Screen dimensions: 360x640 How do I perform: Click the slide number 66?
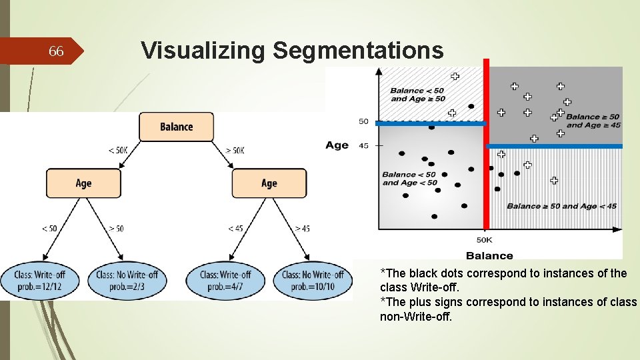pyautogui.click(x=57, y=51)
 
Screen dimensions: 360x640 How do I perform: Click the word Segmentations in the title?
pyautogui.click(x=358, y=50)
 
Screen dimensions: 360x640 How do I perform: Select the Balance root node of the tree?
pyautogui.click(x=177, y=127)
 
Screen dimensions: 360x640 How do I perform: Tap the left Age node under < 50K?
pyautogui.click(x=84, y=183)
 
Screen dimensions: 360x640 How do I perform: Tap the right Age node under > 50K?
pyautogui.click(x=269, y=183)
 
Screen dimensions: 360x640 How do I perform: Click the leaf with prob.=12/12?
pyautogui.click(x=41, y=280)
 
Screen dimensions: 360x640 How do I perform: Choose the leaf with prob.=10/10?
pyautogui.click(x=313, y=280)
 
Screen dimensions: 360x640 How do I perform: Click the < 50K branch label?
pyautogui.click(x=118, y=151)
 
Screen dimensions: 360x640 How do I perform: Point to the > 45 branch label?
pyautogui.click(x=302, y=229)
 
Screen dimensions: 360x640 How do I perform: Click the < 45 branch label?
pyautogui.click(x=235, y=229)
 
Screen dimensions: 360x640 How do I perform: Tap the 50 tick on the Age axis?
pyautogui.click(x=363, y=121)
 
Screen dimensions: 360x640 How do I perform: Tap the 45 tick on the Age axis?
pyautogui.click(x=363, y=145)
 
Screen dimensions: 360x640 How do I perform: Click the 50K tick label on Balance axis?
pyautogui.click(x=485, y=240)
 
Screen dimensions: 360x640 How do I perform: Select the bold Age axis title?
pyautogui.click(x=337, y=145)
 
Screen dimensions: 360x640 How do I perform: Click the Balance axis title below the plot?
pyautogui.click(x=489, y=255)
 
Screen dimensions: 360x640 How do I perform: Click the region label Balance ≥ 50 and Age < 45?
pyautogui.click(x=561, y=206)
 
